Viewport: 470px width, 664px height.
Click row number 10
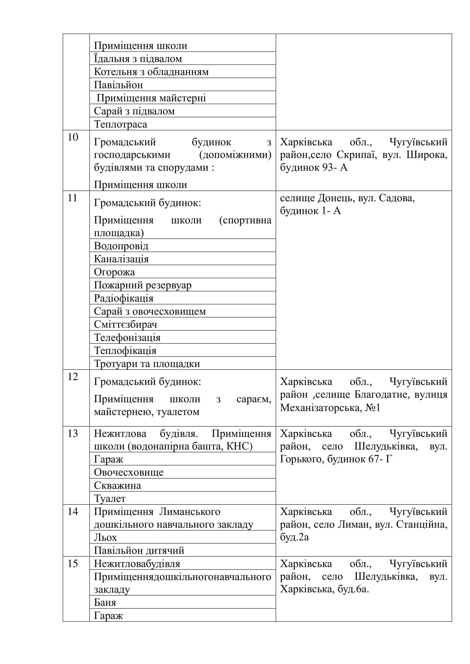(x=73, y=137)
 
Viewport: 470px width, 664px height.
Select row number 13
(x=73, y=433)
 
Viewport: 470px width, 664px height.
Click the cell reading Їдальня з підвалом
(x=138, y=59)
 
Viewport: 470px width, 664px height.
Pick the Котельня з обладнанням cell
(x=151, y=72)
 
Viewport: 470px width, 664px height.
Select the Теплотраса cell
(x=120, y=124)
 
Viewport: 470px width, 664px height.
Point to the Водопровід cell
(x=121, y=246)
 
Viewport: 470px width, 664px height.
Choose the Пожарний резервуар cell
(x=142, y=285)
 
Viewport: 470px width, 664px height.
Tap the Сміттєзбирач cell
(x=125, y=324)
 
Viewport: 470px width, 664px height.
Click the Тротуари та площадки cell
(x=147, y=364)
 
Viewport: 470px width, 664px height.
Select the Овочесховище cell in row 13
(x=128, y=472)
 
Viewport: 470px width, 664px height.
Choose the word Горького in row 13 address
(x=302, y=459)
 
